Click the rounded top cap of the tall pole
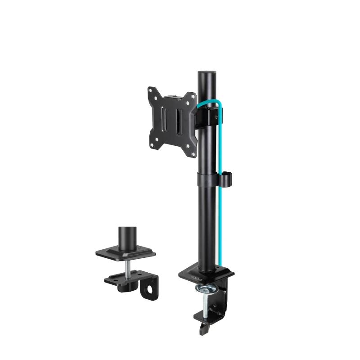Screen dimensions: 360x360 click(x=205, y=72)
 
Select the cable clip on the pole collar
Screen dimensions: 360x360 click(x=227, y=177)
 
